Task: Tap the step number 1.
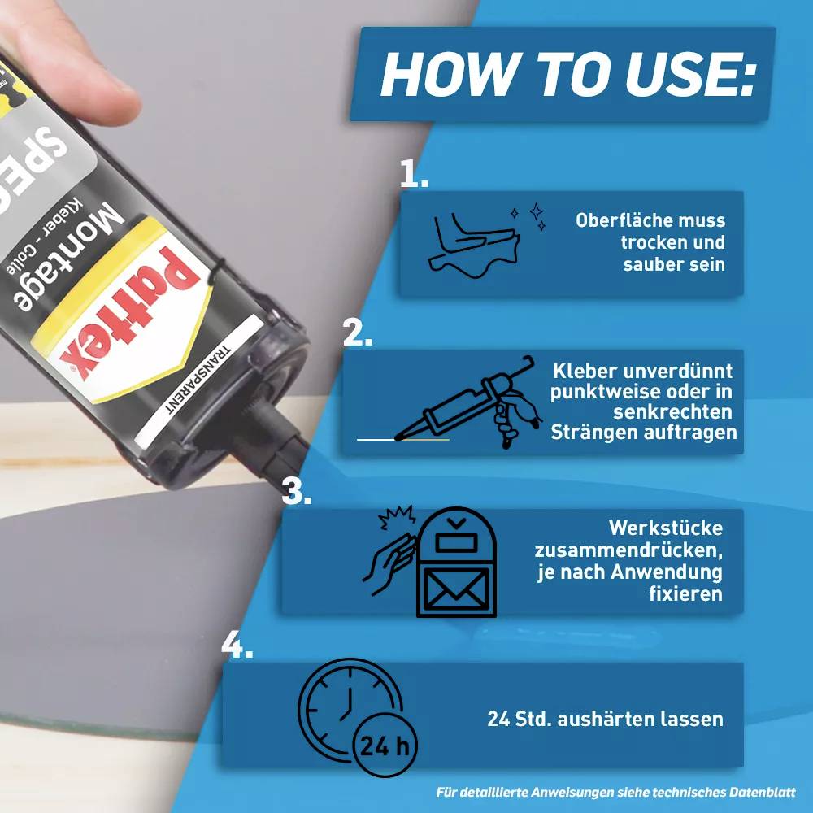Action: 414,173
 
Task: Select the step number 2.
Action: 357,333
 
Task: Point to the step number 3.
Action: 296,492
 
